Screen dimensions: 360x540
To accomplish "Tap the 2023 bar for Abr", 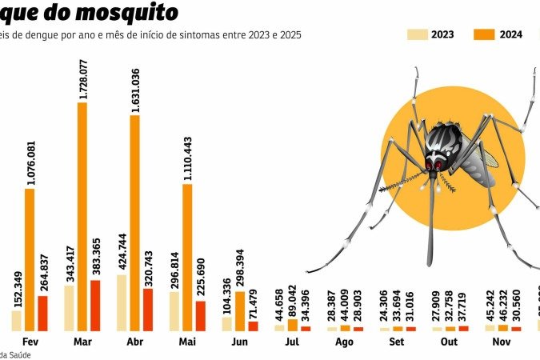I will [121, 302].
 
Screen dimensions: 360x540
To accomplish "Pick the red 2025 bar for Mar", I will [95, 305].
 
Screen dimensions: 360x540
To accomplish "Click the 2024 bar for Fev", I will [30, 259].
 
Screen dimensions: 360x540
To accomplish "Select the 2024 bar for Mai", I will [187, 257].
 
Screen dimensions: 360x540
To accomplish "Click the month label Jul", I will [292, 342].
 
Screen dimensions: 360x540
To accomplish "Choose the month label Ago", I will [345, 342].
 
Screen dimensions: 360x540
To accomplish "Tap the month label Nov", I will [502, 342].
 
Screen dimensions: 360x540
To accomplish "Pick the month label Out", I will [450, 342].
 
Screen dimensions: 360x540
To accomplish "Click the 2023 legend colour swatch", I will [417, 34].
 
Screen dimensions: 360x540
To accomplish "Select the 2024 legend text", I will [511, 34].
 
